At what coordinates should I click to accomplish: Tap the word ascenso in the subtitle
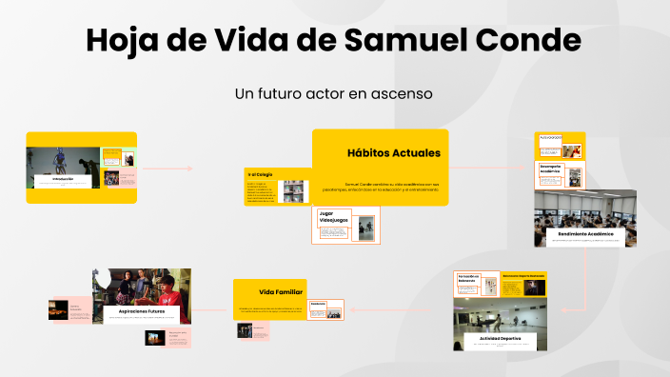tap(403, 94)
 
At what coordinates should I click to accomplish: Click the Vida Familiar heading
tap(281, 291)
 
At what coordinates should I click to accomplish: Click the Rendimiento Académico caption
tap(584, 232)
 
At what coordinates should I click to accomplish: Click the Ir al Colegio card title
tap(261, 174)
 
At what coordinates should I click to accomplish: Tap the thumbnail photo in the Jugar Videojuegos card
tap(365, 228)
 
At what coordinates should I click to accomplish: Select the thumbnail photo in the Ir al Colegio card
tap(292, 191)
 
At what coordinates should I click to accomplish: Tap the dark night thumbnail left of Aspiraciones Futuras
tap(61, 310)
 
